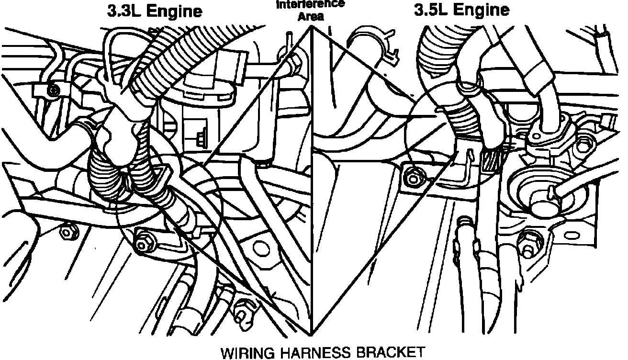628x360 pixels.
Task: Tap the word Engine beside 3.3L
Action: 174,11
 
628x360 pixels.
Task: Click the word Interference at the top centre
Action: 311,5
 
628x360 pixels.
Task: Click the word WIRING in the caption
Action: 247,352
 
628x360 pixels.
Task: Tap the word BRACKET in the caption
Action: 390,352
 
